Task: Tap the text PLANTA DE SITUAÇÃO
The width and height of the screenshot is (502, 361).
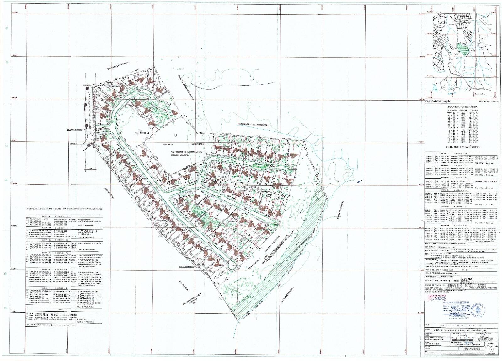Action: (437, 102)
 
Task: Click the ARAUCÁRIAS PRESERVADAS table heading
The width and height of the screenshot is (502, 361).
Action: (64, 208)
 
